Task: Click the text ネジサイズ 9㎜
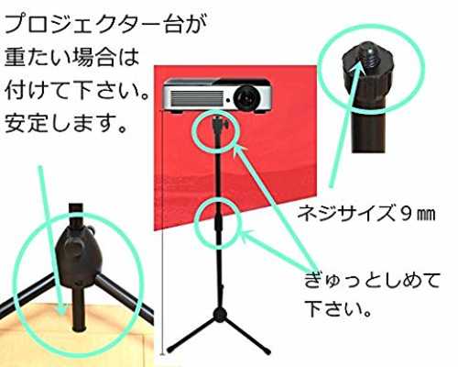[366, 213]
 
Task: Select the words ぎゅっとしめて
[372, 280]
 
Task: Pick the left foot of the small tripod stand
[171, 348]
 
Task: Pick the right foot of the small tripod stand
[267, 350]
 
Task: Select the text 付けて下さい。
[76, 90]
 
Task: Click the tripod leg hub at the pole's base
[220, 315]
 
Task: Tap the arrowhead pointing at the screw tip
[356, 69]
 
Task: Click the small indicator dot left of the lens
[228, 100]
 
